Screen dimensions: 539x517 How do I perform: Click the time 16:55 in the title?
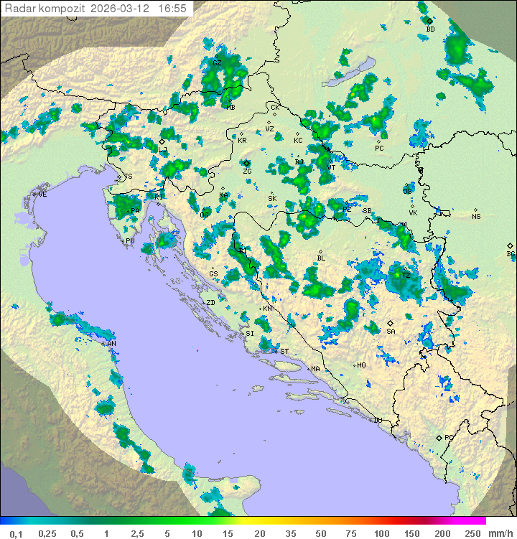pos(173,9)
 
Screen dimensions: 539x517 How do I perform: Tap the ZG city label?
pos(247,172)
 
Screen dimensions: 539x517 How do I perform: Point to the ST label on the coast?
pos(284,352)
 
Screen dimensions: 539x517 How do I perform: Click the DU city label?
pos(378,421)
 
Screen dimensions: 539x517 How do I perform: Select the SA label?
pos(391,332)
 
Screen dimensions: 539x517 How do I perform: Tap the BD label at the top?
pos(430,29)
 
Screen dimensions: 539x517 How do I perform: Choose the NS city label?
pos(476,217)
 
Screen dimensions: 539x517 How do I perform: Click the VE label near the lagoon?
pos(42,194)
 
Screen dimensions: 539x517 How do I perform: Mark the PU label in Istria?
pos(130,241)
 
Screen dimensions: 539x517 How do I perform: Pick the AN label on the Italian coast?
pos(111,345)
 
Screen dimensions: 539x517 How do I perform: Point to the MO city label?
pos(362,365)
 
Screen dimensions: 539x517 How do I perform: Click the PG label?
pos(449,438)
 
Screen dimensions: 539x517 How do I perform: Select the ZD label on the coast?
pos(210,303)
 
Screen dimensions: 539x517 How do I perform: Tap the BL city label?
pos(321,258)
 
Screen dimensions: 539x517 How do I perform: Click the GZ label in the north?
pos(217,63)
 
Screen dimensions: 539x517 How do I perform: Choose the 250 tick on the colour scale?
pos(472,533)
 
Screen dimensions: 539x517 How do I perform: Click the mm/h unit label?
pos(500,533)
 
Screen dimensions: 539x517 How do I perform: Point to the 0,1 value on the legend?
pos(17,533)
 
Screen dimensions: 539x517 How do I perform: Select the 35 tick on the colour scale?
pos(291,533)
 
